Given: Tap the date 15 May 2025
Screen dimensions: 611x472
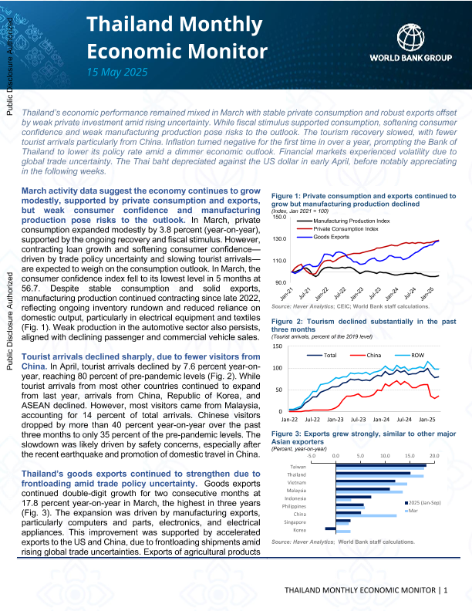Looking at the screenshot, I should pos(116,72).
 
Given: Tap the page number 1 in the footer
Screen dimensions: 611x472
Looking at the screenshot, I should pos(445,590).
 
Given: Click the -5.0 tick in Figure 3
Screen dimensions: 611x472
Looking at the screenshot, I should pos(311,457).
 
